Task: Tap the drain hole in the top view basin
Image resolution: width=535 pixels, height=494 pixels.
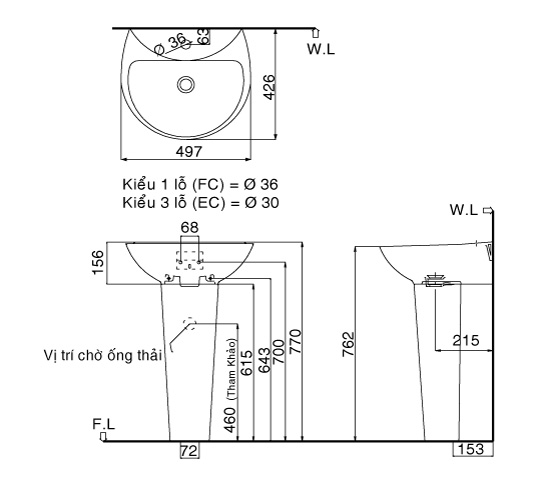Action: point(187,84)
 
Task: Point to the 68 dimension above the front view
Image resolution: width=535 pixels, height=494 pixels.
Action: point(188,229)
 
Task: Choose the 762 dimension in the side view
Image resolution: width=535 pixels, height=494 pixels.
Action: point(349,343)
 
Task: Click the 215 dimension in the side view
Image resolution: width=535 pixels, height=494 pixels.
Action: point(463,340)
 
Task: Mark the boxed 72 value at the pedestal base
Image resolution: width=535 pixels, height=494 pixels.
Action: point(188,451)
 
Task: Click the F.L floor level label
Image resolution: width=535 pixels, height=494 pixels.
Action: point(104,425)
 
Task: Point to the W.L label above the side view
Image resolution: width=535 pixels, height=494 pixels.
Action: point(465,210)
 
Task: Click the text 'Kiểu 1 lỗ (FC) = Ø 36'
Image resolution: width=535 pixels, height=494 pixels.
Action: point(200,185)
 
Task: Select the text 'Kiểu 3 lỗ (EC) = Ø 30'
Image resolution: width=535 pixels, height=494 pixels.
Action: point(200,201)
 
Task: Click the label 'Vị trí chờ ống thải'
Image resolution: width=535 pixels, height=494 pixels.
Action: point(102,355)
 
